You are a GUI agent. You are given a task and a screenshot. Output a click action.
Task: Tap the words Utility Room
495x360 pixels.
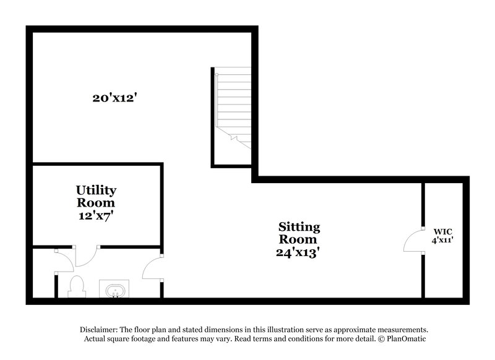click(x=96, y=196)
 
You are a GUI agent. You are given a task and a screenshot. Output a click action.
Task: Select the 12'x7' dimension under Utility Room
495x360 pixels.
click(x=96, y=216)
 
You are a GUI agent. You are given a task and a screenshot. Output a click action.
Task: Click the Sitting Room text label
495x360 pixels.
click(x=298, y=233)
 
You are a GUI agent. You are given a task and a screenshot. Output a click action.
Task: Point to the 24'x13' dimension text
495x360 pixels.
click(x=298, y=252)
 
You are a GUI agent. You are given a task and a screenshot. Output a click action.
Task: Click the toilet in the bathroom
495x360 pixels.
click(x=77, y=287)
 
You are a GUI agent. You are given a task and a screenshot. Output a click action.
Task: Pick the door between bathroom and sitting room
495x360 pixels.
click(x=152, y=268)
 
